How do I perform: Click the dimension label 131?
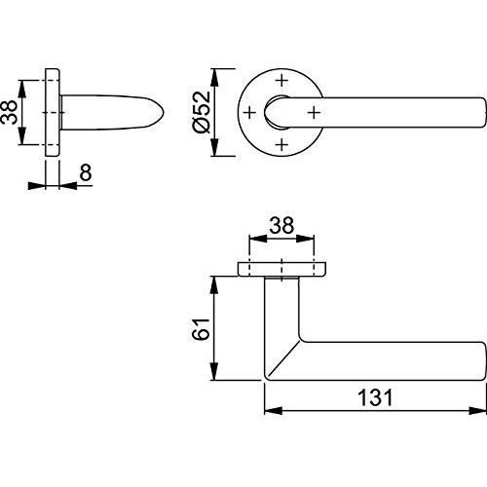pos(375,397)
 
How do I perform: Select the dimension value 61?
pos(201,329)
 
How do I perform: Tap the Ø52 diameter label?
pos(202,112)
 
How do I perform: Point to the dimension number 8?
pos(86,172)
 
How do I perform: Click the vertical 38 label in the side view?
pos(9,112)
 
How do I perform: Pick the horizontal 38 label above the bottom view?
pos(281,225)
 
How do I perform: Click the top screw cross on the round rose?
pos(281,80)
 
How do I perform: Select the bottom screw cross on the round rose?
pos(281,144)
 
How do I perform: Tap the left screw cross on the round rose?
pos(249,113)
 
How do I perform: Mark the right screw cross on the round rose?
pos(314,113)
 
